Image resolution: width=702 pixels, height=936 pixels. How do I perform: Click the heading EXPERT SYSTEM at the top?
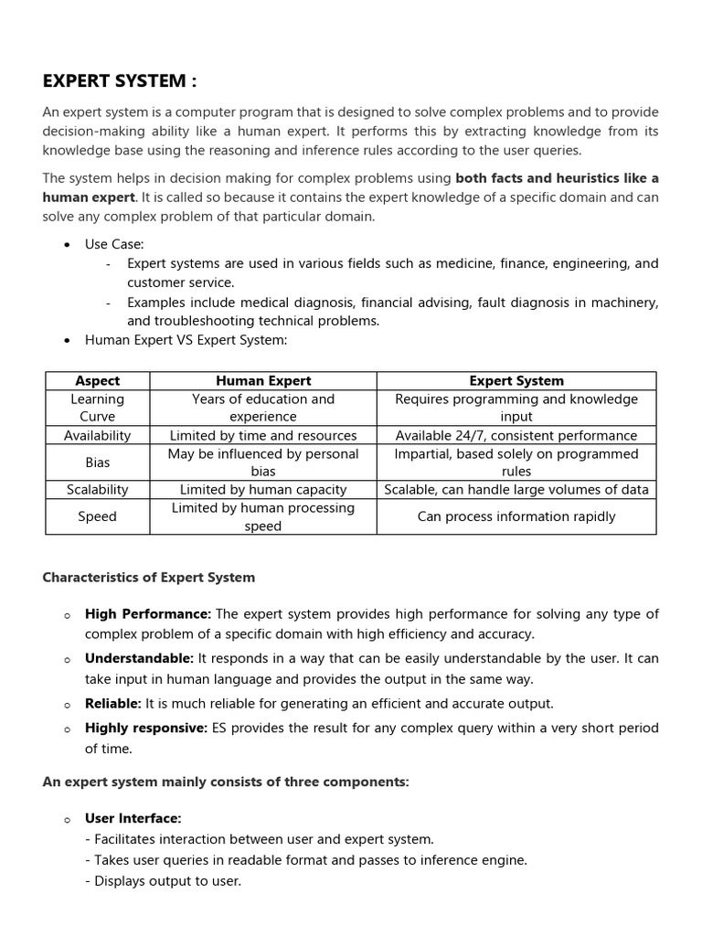pos(119,81)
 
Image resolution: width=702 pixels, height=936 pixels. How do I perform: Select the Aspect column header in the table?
pos(97,380)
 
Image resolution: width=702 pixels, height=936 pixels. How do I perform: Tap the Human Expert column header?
pos(263,380)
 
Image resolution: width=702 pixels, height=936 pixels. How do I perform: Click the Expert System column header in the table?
pos(516,380)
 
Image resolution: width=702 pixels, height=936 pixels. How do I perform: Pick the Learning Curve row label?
pos(97,408)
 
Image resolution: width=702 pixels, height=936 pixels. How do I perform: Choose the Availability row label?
pos(97,435)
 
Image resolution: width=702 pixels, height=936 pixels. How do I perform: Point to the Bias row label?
pos(97,463)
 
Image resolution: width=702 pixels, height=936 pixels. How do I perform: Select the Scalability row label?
pos(97,489)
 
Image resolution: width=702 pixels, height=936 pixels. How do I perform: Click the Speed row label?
pos(97,516)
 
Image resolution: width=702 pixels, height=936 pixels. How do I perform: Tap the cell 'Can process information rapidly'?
pos(516,516)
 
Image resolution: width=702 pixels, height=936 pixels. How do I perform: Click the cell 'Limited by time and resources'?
pos(263,435)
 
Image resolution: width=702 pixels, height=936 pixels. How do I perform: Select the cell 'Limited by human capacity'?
pos(263,489)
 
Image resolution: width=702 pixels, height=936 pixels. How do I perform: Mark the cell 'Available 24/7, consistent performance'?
pos(516,435)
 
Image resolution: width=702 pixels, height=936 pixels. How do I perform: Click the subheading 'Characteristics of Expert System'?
pos(149,578)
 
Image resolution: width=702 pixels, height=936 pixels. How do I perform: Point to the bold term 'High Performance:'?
pos(148,614)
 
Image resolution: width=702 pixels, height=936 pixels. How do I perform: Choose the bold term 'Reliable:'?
pos(112,703)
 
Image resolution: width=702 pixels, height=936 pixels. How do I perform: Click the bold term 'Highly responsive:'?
pos(146,729)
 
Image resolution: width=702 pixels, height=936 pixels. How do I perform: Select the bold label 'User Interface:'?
pos(133,818)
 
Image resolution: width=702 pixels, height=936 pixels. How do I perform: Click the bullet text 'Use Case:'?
pos(114,245)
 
